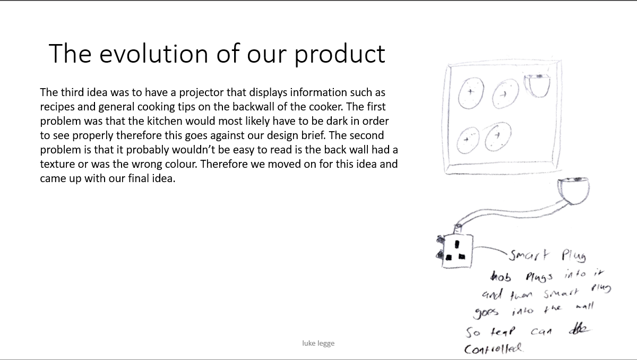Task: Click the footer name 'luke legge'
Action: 318,343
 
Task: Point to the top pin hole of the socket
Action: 457,245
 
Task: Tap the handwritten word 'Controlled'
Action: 493,348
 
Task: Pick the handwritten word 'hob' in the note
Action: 501,277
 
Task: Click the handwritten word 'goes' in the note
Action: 486,313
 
